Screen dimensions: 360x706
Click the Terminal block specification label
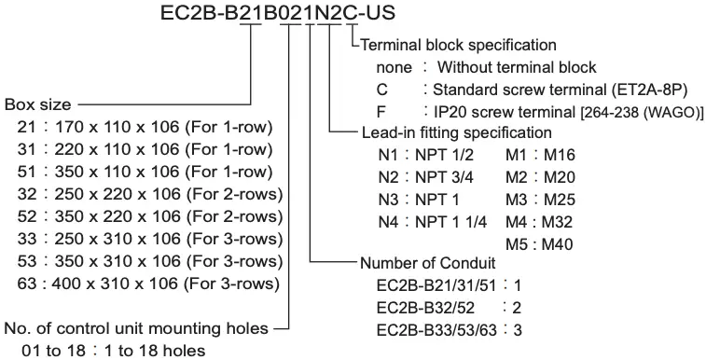458,44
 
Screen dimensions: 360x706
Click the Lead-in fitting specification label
456,132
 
